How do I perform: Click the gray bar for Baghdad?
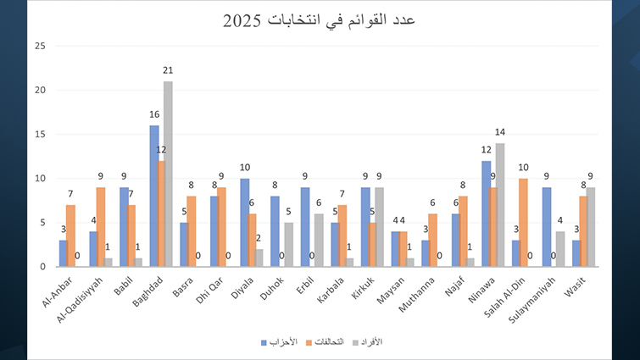tap(168, 174)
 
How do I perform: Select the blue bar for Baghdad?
tap(154, 196)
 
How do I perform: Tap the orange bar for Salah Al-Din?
tap(523, 222)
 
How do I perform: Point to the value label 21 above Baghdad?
tap(169, 74)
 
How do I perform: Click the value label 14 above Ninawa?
tap(500, 132)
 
